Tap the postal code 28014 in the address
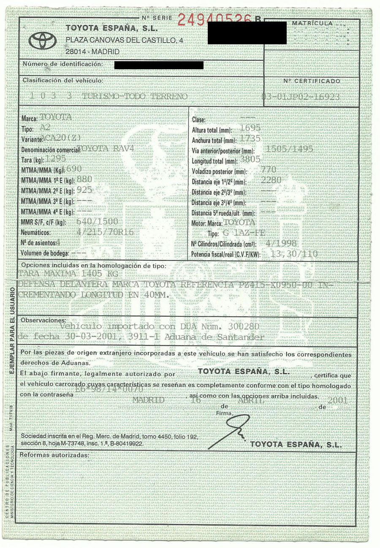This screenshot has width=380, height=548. click(76, 52)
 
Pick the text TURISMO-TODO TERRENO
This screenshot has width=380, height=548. click(135, 97)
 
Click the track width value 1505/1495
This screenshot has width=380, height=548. click(290, 149)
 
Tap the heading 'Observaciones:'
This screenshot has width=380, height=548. click(41, 320)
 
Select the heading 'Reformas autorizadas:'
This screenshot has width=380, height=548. click(54, 455)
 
